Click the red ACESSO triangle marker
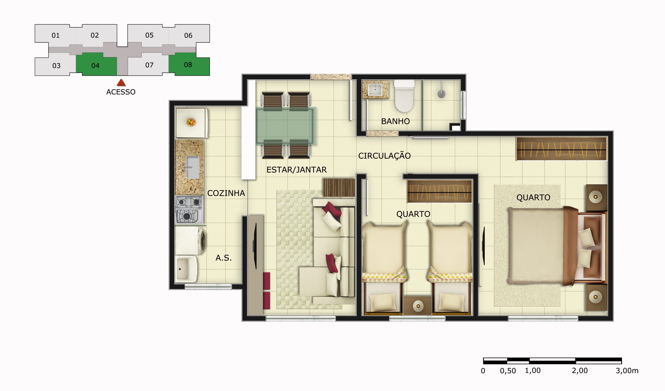click(121, 83)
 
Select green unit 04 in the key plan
click(96, 65)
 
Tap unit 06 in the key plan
click(188, 35)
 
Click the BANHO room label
click(395, 121)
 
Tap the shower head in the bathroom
click(442, 93)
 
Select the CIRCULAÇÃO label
click(384, 156)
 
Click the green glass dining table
click(285, 125)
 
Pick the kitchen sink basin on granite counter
click(193, 167)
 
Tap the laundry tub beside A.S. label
click(186, 269)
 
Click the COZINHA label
click(226, 193)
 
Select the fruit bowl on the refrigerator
click(191, 122)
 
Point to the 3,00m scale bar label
click(627, 371)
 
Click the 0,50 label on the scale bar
click(508, 371)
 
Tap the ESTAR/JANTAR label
click(296, 170)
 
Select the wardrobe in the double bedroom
click(561, 149)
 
